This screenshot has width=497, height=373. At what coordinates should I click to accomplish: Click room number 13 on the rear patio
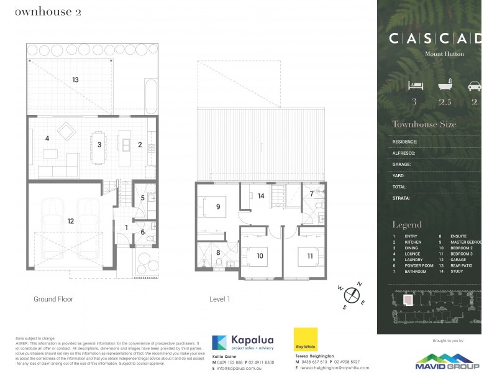point(75,80)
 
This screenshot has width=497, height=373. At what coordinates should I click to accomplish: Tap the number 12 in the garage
point(70,221)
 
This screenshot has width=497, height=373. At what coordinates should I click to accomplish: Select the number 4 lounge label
point(47,139)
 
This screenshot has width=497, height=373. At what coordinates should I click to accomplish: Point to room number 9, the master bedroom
point(218,208)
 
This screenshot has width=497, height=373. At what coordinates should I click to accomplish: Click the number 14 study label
point(262,196)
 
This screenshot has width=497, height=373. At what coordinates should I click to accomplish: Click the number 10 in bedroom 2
point(260,255)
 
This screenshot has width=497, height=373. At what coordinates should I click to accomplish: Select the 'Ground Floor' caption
point(53,299)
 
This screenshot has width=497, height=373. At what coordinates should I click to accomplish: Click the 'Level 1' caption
point(220,299)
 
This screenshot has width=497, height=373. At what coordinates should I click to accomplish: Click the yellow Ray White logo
point(306,339)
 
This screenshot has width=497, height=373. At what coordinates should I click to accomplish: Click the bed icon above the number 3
point(414,86)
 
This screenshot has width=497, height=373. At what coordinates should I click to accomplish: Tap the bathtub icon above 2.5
point(444,86)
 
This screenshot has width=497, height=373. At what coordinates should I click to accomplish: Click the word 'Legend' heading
point(407,224)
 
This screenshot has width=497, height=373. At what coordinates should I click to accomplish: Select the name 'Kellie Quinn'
point(226,356)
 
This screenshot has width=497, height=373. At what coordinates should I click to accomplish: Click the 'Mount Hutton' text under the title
point(444,54)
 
